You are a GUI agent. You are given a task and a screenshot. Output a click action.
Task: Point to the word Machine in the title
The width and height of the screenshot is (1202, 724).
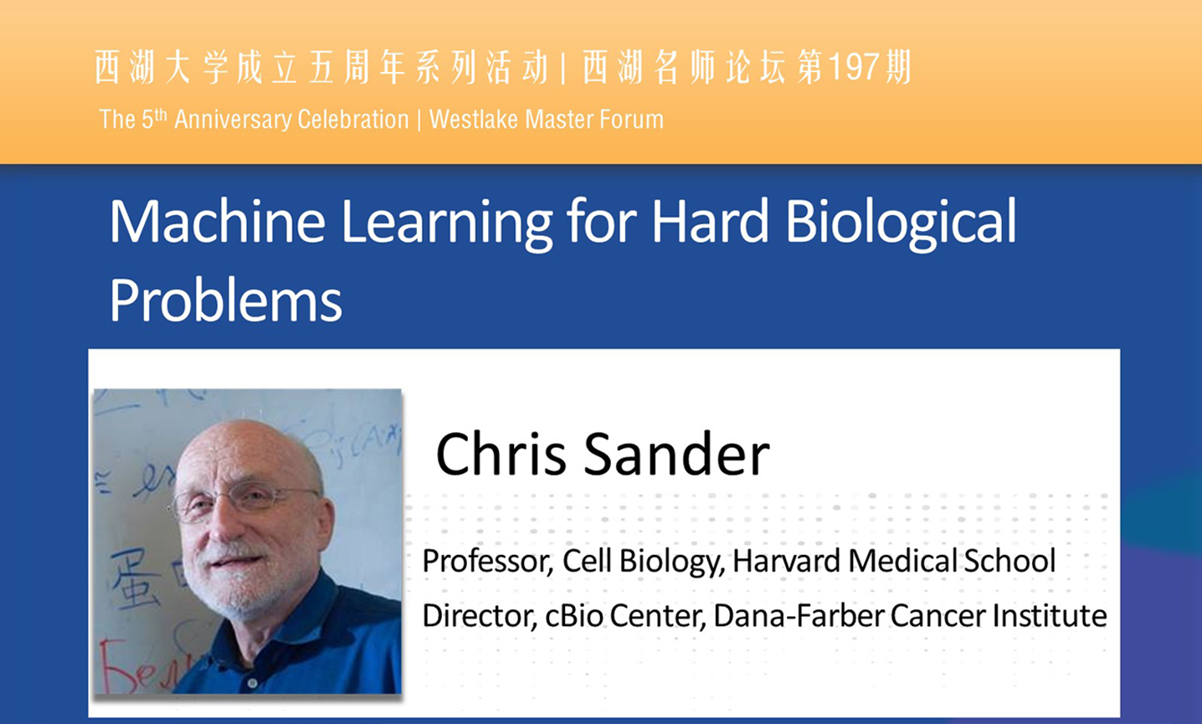point(218,221)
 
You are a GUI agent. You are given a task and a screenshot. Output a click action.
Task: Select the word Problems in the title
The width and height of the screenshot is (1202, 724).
point(225,300)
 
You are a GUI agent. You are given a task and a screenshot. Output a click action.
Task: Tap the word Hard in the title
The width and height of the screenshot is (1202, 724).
point(709,221)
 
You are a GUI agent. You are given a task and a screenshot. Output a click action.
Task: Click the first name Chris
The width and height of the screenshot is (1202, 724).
point(501,454)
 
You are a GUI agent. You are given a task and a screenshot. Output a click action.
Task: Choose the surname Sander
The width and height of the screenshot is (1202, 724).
point(676,454)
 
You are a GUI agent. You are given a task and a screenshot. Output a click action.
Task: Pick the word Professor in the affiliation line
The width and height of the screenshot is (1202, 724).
point(487,562)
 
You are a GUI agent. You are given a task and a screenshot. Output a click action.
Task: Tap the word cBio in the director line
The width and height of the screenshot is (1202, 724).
point(573,615)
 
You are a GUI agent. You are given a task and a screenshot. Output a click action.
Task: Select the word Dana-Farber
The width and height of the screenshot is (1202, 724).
point(799,615)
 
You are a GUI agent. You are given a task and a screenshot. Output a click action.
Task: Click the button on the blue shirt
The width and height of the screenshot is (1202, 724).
point(252,683)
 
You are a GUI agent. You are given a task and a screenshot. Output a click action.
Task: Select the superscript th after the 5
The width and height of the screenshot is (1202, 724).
point(161,114)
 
